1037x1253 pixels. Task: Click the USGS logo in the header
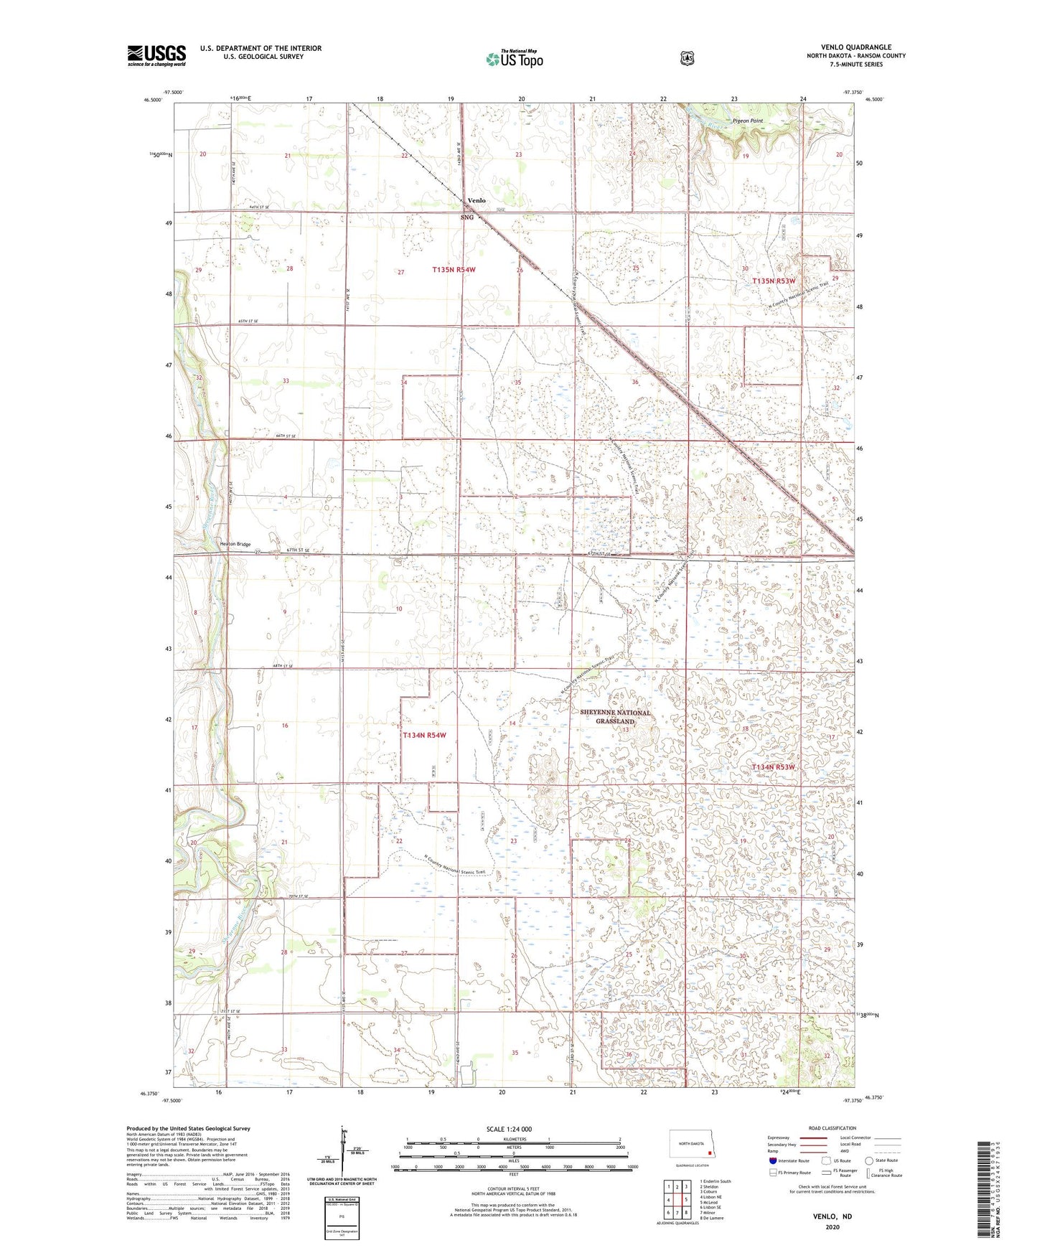pyautogui.click(x=156, y=55)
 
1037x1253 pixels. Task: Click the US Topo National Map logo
pyautogui.click(x=514, y=59)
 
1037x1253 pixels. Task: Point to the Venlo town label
pyautogui.click(x=477, y=201)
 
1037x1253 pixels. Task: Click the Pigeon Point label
pyautogui.click(x=748, y=121)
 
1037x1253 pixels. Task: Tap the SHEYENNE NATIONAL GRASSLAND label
pyautogui.click(x=615, y=717)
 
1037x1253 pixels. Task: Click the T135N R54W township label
pyautogui.click(x=454, y=270)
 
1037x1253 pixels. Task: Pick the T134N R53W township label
pyautogui.click(x=773, y=767)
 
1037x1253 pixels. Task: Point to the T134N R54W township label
pyautogui.click(x=424, y=736)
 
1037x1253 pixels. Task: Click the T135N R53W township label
pyautogui.click(x=774, y=281)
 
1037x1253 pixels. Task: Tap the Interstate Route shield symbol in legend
pyautogui.click(x=772, y=1160)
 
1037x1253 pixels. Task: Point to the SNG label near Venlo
pyautogui.click(x=467, y=217)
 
